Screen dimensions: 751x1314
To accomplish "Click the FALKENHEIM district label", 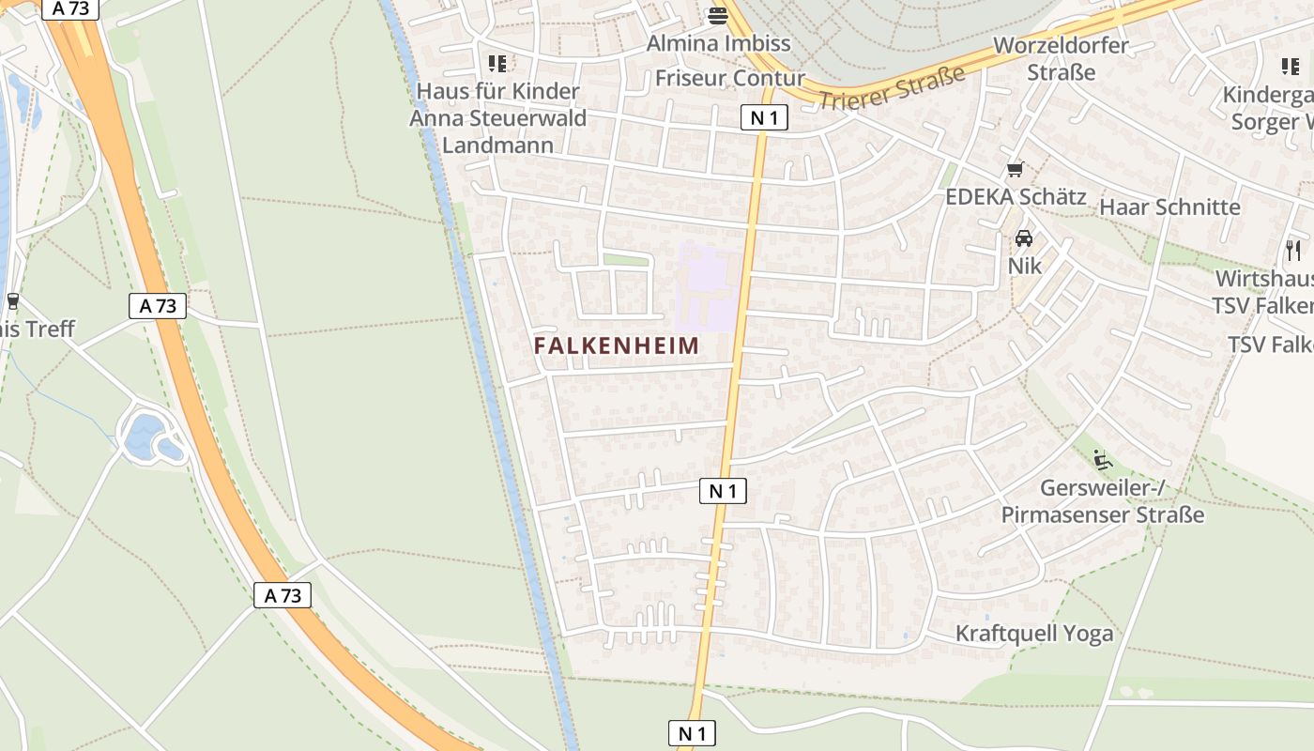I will tap(617, 345).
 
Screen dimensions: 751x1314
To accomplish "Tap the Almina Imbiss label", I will tap(719, 43).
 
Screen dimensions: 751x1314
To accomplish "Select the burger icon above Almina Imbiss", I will tap(719, 15).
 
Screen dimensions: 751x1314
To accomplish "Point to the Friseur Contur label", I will tap(730, 78).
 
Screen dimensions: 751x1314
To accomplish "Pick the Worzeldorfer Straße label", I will tap(1062, 58).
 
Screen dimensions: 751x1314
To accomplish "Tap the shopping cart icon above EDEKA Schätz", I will tap(1014, 170).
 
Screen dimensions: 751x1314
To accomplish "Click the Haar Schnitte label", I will tap(1169, 207).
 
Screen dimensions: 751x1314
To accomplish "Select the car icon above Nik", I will tap(1023, 238).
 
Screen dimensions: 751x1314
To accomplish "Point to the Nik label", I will tap(1024, 266).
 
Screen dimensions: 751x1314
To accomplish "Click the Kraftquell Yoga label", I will tap(1034, 634).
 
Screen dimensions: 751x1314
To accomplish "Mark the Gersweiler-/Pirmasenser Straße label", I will tap(1102, 501).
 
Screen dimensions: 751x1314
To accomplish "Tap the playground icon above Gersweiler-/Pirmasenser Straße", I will tap(1103, 460).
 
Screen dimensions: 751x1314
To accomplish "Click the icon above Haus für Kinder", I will tap(497, 64).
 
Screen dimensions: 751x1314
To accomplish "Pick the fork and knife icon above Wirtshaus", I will tap(1293, 250).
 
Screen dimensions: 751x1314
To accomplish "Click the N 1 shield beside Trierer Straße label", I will tap(763, 117).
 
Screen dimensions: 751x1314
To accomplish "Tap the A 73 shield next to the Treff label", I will tap(158, 306).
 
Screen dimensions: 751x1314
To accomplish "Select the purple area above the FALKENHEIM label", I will tap(709, 286).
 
